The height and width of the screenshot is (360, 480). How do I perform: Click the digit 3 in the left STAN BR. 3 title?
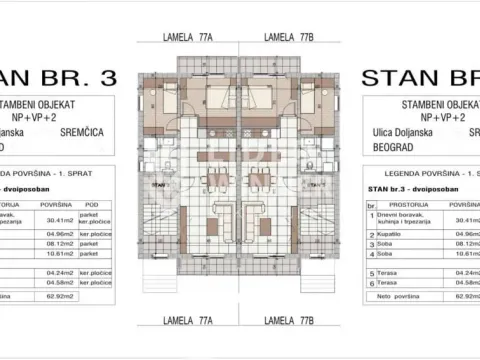[x=109, y=79]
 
